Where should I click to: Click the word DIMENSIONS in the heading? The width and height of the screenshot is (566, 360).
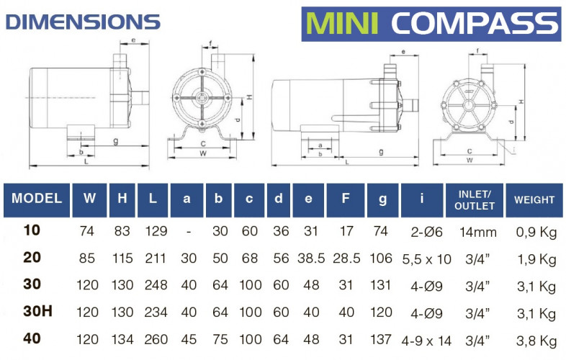click(83, 21)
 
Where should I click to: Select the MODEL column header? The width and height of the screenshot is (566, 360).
click(37, 199)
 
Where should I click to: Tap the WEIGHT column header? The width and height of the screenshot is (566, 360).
click(534, 199)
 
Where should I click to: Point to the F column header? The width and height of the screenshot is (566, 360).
click(344, 199)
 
